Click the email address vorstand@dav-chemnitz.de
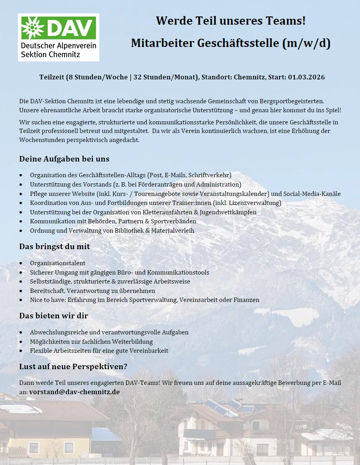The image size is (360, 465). click(74, 391)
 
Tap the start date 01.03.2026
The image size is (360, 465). click(306, 77)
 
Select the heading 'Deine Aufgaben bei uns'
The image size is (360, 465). click(64, 159)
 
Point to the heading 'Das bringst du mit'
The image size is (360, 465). click(54, 246)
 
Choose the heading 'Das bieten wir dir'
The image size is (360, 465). click(54, 316)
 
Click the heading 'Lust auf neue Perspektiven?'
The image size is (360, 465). click(73, 367)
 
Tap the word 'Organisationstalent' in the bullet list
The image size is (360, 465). click(57, 263)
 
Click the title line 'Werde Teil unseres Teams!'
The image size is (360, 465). click(231, 20)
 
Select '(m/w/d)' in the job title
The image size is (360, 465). click(306, 43)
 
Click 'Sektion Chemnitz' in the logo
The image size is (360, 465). click(50, 54)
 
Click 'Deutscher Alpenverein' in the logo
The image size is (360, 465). click(58, 46)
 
